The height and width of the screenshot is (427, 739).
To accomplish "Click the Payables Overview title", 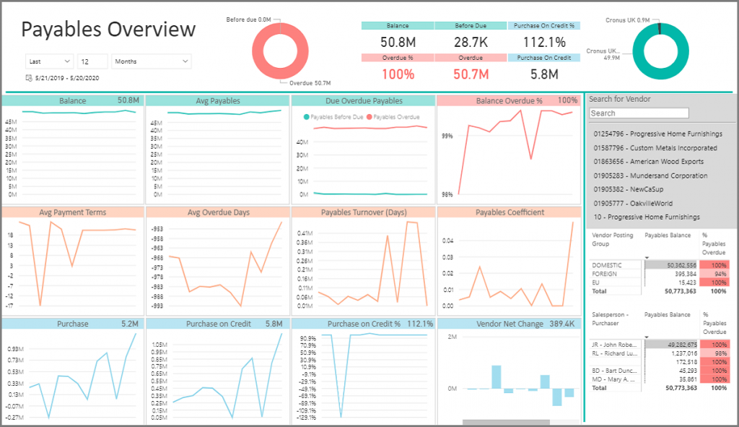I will pyautogui.click(x=108, y=30).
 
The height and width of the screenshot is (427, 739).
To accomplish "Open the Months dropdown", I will pyautogui.click(x=151, y=62).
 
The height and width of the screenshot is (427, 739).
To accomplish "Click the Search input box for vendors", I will pyautogui.click(x=639, y=113).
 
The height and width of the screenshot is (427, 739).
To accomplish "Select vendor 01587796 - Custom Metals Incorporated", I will pyautogui.click(x=655, y=148).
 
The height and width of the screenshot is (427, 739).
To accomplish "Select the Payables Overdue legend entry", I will pyautogui.click(x=393, y=116).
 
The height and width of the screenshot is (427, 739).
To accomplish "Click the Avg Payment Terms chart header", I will pyautogui.click(x=72, y=212).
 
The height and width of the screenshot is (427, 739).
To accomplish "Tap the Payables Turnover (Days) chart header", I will pyautogui.click(x=363, y=212).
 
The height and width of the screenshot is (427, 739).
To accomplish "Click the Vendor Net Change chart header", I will pyautogui.click(x=509, y=324).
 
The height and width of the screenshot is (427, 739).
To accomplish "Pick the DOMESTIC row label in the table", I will pyautogui.click(x=607, y=265).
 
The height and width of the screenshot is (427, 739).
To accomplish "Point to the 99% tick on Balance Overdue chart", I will pyautogui.click(x=447, y=136).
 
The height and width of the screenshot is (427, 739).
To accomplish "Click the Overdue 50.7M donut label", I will pyautogui.click(x=310, y=84).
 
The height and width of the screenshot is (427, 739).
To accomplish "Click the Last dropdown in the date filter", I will pyautogui.click(x=49, y=62).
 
